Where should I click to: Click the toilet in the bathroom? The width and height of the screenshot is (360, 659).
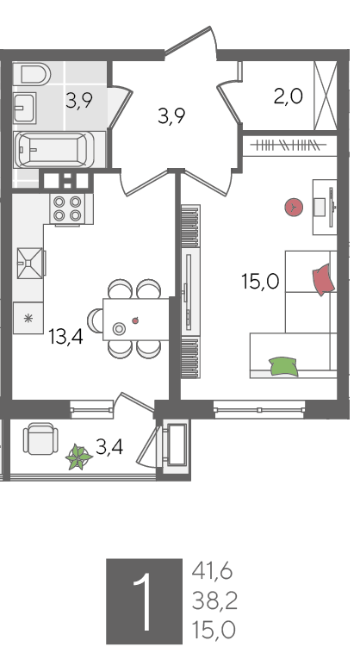tap(35, 74)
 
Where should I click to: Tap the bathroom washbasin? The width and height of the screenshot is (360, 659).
tap(24, 108)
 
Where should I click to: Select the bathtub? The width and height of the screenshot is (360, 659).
tap(54, 150)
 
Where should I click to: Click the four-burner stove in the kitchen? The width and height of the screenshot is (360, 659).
tap(67, 208)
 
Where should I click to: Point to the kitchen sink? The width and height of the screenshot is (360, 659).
tap(30, 263)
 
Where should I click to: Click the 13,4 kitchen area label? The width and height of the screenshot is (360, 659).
tap(66, 337)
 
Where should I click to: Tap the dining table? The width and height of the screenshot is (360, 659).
tap(136, 319)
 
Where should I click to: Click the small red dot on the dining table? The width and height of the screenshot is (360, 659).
tap(135, 320)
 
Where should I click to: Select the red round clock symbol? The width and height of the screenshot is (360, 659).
tap(294, 208)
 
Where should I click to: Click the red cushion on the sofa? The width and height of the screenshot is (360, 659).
tap(324, 279)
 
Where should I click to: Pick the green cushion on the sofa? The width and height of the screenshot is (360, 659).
tap(283, 366)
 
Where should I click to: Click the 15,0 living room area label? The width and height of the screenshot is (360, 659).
tap(260, 281)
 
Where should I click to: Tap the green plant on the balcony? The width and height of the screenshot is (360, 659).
tap(79, 457)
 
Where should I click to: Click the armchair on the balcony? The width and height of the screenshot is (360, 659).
tap(40, 439)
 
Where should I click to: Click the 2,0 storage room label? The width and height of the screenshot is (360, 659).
tap(289, 96)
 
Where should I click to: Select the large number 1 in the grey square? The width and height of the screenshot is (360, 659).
tap(142, 602)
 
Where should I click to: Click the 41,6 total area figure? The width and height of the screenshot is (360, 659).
tap(212, 572)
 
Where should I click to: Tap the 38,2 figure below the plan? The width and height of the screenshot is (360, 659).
tap(214, 601)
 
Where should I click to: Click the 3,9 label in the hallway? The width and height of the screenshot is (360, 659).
tap(171, 115)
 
